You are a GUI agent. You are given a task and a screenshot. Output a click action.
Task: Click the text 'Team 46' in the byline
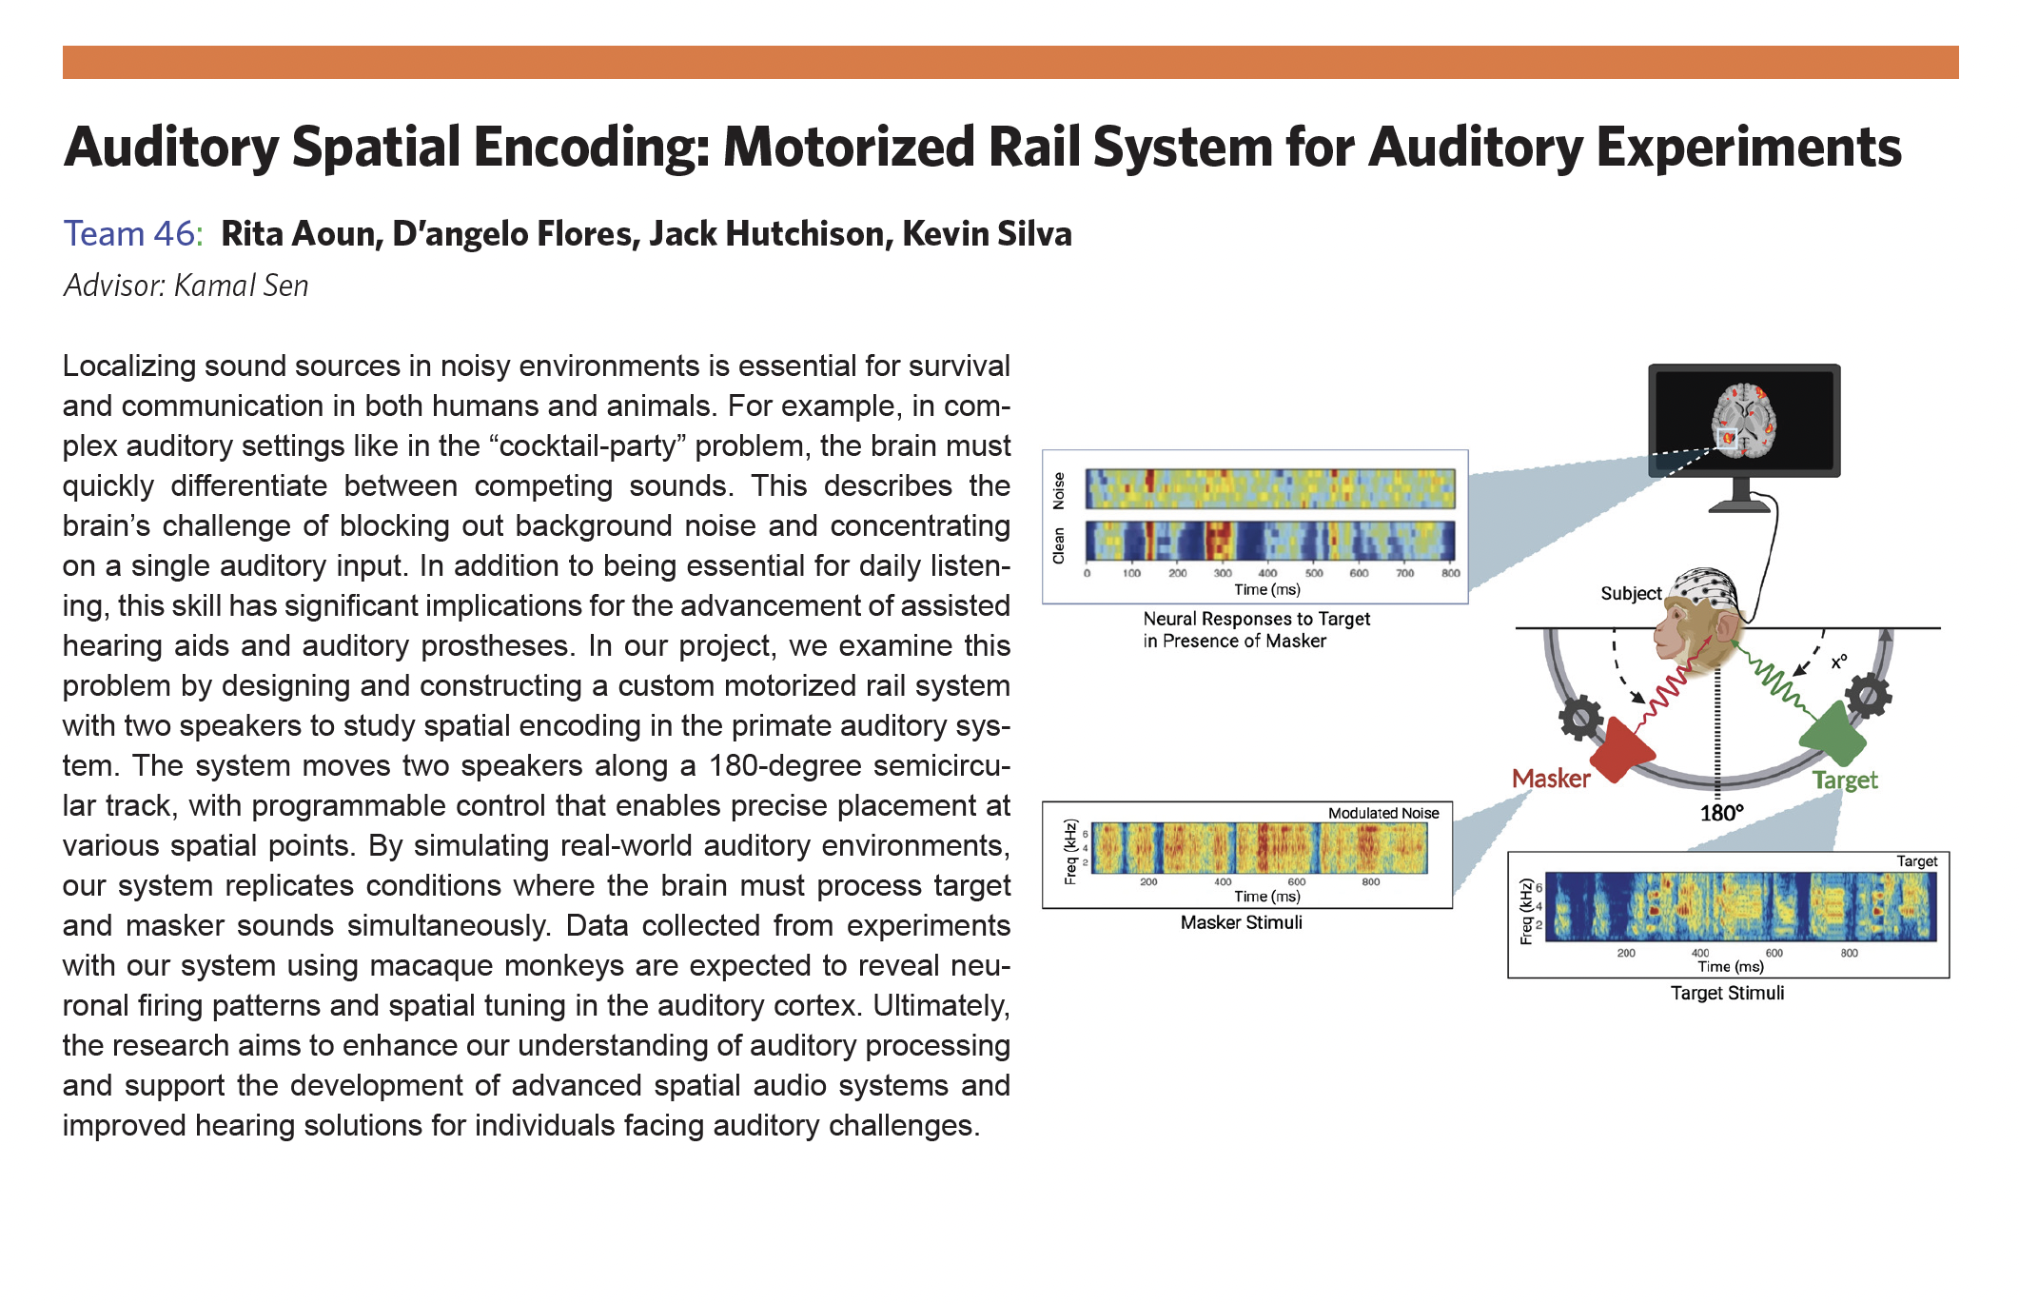[x=129, y=234]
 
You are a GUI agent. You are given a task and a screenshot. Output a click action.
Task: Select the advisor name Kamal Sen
[x=241, y=286]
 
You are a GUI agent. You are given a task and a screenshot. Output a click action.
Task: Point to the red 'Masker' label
[x=1550, y=779]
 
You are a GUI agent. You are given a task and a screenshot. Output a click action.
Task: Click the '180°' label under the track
[x=1721, y=813]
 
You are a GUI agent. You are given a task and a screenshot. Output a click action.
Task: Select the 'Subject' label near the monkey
[x=1630, y=594]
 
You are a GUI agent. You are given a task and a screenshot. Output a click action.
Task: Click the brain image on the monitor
[x=1744, y=420]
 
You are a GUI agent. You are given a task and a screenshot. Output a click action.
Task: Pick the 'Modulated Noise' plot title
[x=1382, y=813]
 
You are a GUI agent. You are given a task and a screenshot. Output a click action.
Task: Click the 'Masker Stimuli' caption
[x=1241, y=922]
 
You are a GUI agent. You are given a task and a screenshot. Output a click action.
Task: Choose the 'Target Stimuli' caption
[x=1727, y=993]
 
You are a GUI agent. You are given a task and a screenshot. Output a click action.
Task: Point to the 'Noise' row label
[x=1059, y=490]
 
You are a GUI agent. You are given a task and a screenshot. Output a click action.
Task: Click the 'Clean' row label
[x=1059, y=545]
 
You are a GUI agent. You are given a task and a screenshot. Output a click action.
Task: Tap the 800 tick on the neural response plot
[x=1450, y=573]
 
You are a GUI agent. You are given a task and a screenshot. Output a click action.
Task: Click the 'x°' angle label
[x=1839, y=661]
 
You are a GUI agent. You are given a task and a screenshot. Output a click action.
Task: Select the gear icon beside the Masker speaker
[x=1580, y=718]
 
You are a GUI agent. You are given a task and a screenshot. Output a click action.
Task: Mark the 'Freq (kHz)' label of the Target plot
[x=1526, y=911]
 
